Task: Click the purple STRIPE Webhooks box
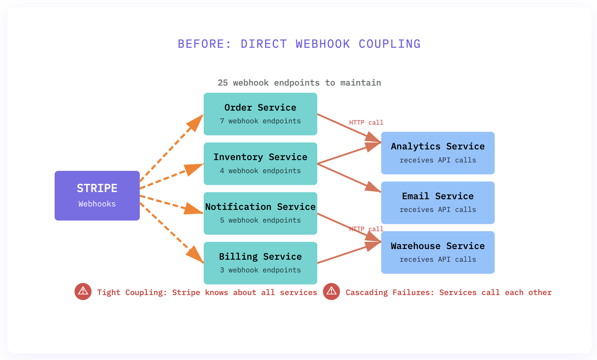click(97, 195)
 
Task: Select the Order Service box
click(260, 114)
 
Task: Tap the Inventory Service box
click(260, 164)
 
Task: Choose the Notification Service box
click(260, 213)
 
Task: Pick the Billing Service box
click(260, 263)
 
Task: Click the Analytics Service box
click(438, 153)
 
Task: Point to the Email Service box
click(438, 203)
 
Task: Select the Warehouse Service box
click(438, 252)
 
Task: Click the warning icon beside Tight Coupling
click(83, 292)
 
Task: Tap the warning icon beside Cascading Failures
click(331, 292)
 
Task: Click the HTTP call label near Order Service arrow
click(366, 123)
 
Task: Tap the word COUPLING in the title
click(390, 44)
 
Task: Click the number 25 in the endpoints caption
click(223, 83)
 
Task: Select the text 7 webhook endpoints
click(260, 121)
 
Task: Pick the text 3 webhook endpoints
click(260, 270)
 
